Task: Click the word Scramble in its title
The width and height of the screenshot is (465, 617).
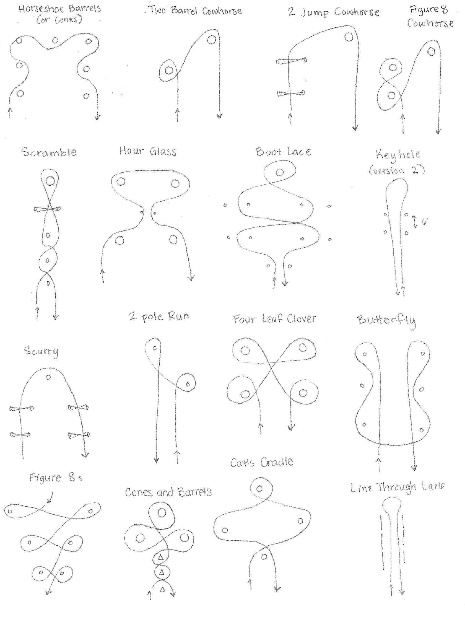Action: click(x=49, y=152)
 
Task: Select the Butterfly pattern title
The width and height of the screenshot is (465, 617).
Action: click(x=387, y=320)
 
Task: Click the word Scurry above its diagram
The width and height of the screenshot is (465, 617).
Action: click(x=41, y=351)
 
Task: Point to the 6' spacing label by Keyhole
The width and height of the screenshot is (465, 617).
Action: click(x=424, y=222)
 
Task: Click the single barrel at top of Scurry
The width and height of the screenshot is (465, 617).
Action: click(x=48, y=377)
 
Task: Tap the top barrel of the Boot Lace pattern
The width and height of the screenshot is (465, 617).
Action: click(x=279, y=172)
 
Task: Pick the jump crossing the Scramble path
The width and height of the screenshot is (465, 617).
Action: click(x=47, y=209)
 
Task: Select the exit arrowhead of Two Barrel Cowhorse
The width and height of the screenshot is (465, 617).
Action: click(x=220, y=116)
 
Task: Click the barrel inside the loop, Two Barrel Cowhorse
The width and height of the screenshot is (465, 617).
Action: click(x=168, y=70)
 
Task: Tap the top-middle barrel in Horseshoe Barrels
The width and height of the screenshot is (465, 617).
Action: click(x=55, y=41)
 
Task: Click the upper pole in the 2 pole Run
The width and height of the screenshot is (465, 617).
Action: click(x=155, y=348)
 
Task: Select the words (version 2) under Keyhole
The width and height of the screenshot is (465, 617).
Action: click(x=397, y=170)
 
